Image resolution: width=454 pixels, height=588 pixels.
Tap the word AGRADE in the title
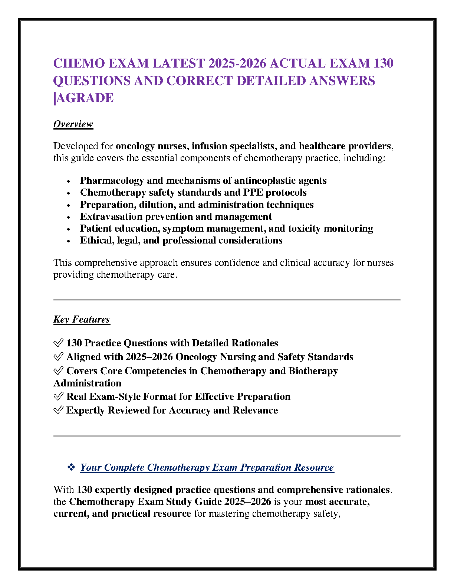(x=85, y=98)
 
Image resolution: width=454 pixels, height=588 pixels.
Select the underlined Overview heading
(x=73, y=124)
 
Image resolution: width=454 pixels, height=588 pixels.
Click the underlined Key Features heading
(x=82, y=320)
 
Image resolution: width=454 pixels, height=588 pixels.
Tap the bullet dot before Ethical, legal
(x=69, y=241)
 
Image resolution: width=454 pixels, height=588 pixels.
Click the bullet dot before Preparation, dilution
(x=69, y=205)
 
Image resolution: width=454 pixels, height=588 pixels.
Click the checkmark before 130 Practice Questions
(x=58, y=343)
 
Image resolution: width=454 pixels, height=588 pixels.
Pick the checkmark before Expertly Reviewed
(x=58, y=411)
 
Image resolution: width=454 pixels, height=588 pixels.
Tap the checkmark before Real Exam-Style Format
(x=58, y=397)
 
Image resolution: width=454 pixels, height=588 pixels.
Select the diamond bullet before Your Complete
(x=71, y=467)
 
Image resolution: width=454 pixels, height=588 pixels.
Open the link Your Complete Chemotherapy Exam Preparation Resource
(x=207, y=467)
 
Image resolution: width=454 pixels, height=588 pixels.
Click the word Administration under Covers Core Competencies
(x=87, y=383)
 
